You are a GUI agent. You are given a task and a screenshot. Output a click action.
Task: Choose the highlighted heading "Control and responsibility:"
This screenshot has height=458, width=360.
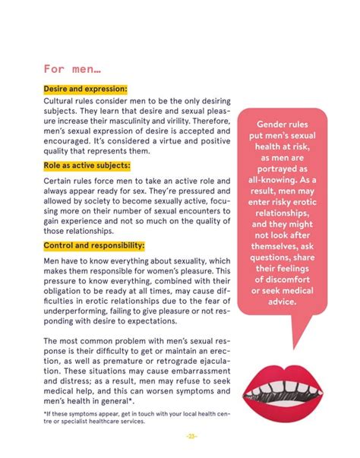pos(93,245)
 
